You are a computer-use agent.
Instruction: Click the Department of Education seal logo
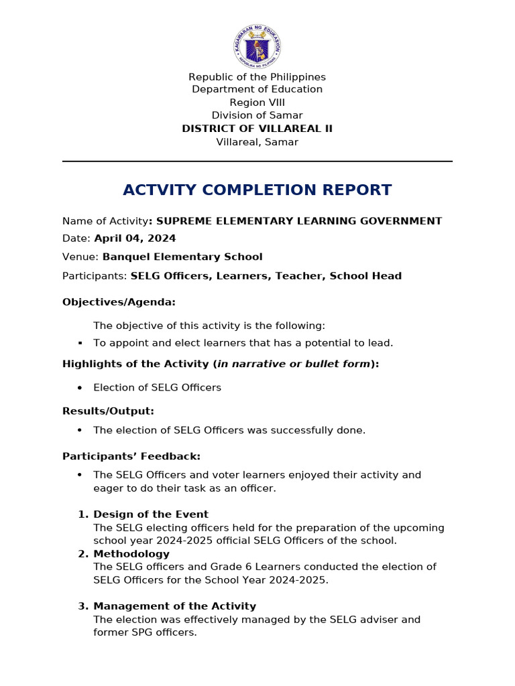point(257,46)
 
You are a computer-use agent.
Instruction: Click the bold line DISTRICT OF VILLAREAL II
point(257,129)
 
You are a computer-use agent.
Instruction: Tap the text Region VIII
point(257,102)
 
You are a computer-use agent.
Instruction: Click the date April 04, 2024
point(135,238)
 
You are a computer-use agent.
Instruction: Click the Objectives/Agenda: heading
point(119,302)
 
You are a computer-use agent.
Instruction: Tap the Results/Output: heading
point(108,411)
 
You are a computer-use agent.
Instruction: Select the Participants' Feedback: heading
point(131,456)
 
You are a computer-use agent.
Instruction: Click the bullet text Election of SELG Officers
point(157,388)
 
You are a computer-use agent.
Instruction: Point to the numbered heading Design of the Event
point(151,514)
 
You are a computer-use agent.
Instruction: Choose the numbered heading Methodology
point(131,554)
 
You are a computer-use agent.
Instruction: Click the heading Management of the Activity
point(174,606)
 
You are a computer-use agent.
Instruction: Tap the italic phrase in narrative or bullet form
point(294,364)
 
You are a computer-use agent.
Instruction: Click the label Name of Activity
point(105,221)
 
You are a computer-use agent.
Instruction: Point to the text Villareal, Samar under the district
point(257,142)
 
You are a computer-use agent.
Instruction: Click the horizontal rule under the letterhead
point(257,161)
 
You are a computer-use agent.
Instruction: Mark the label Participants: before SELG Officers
point(95,276)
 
